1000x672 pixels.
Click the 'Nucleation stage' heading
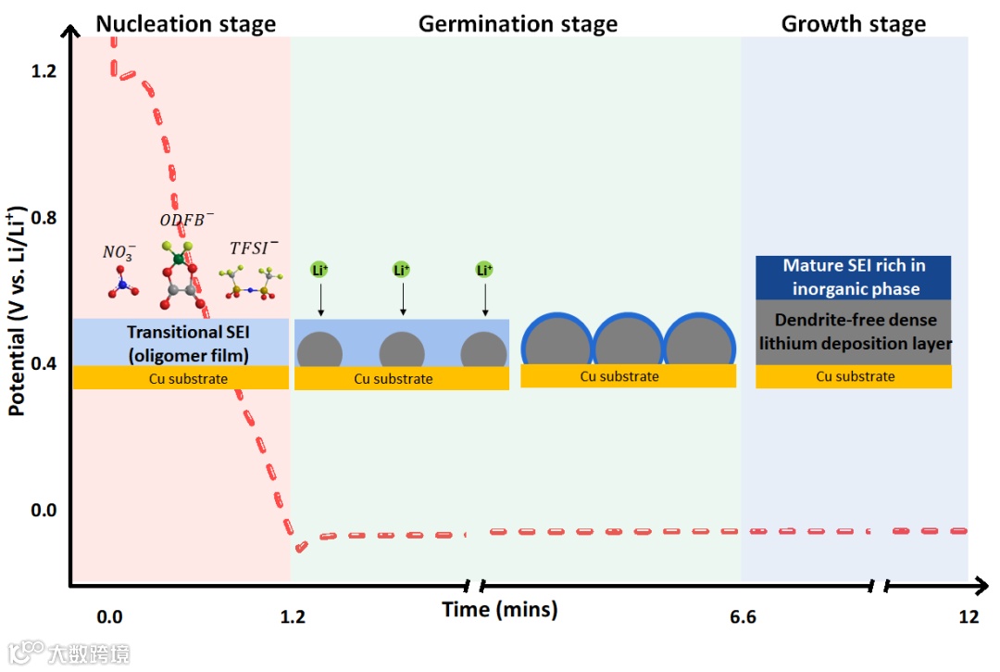(185, 24)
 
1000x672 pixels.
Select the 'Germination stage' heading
(518, 24)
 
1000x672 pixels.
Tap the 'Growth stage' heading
(853, 24)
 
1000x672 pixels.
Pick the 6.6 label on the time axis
(743, 617)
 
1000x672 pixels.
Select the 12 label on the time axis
(969, 617)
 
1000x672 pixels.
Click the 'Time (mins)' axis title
(500, 610)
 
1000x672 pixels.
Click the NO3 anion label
(118, 251)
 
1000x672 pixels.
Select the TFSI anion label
(254, 247)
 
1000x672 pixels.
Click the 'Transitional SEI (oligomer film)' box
(181, 341)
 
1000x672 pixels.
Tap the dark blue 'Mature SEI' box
(854, 277)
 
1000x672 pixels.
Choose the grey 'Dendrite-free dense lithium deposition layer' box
(854, 332)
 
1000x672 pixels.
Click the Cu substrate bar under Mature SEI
(854, 376)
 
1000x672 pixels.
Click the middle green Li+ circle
(402, 270)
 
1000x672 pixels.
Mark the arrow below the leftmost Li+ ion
(320, 299)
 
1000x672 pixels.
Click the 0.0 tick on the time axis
(109, 617)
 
